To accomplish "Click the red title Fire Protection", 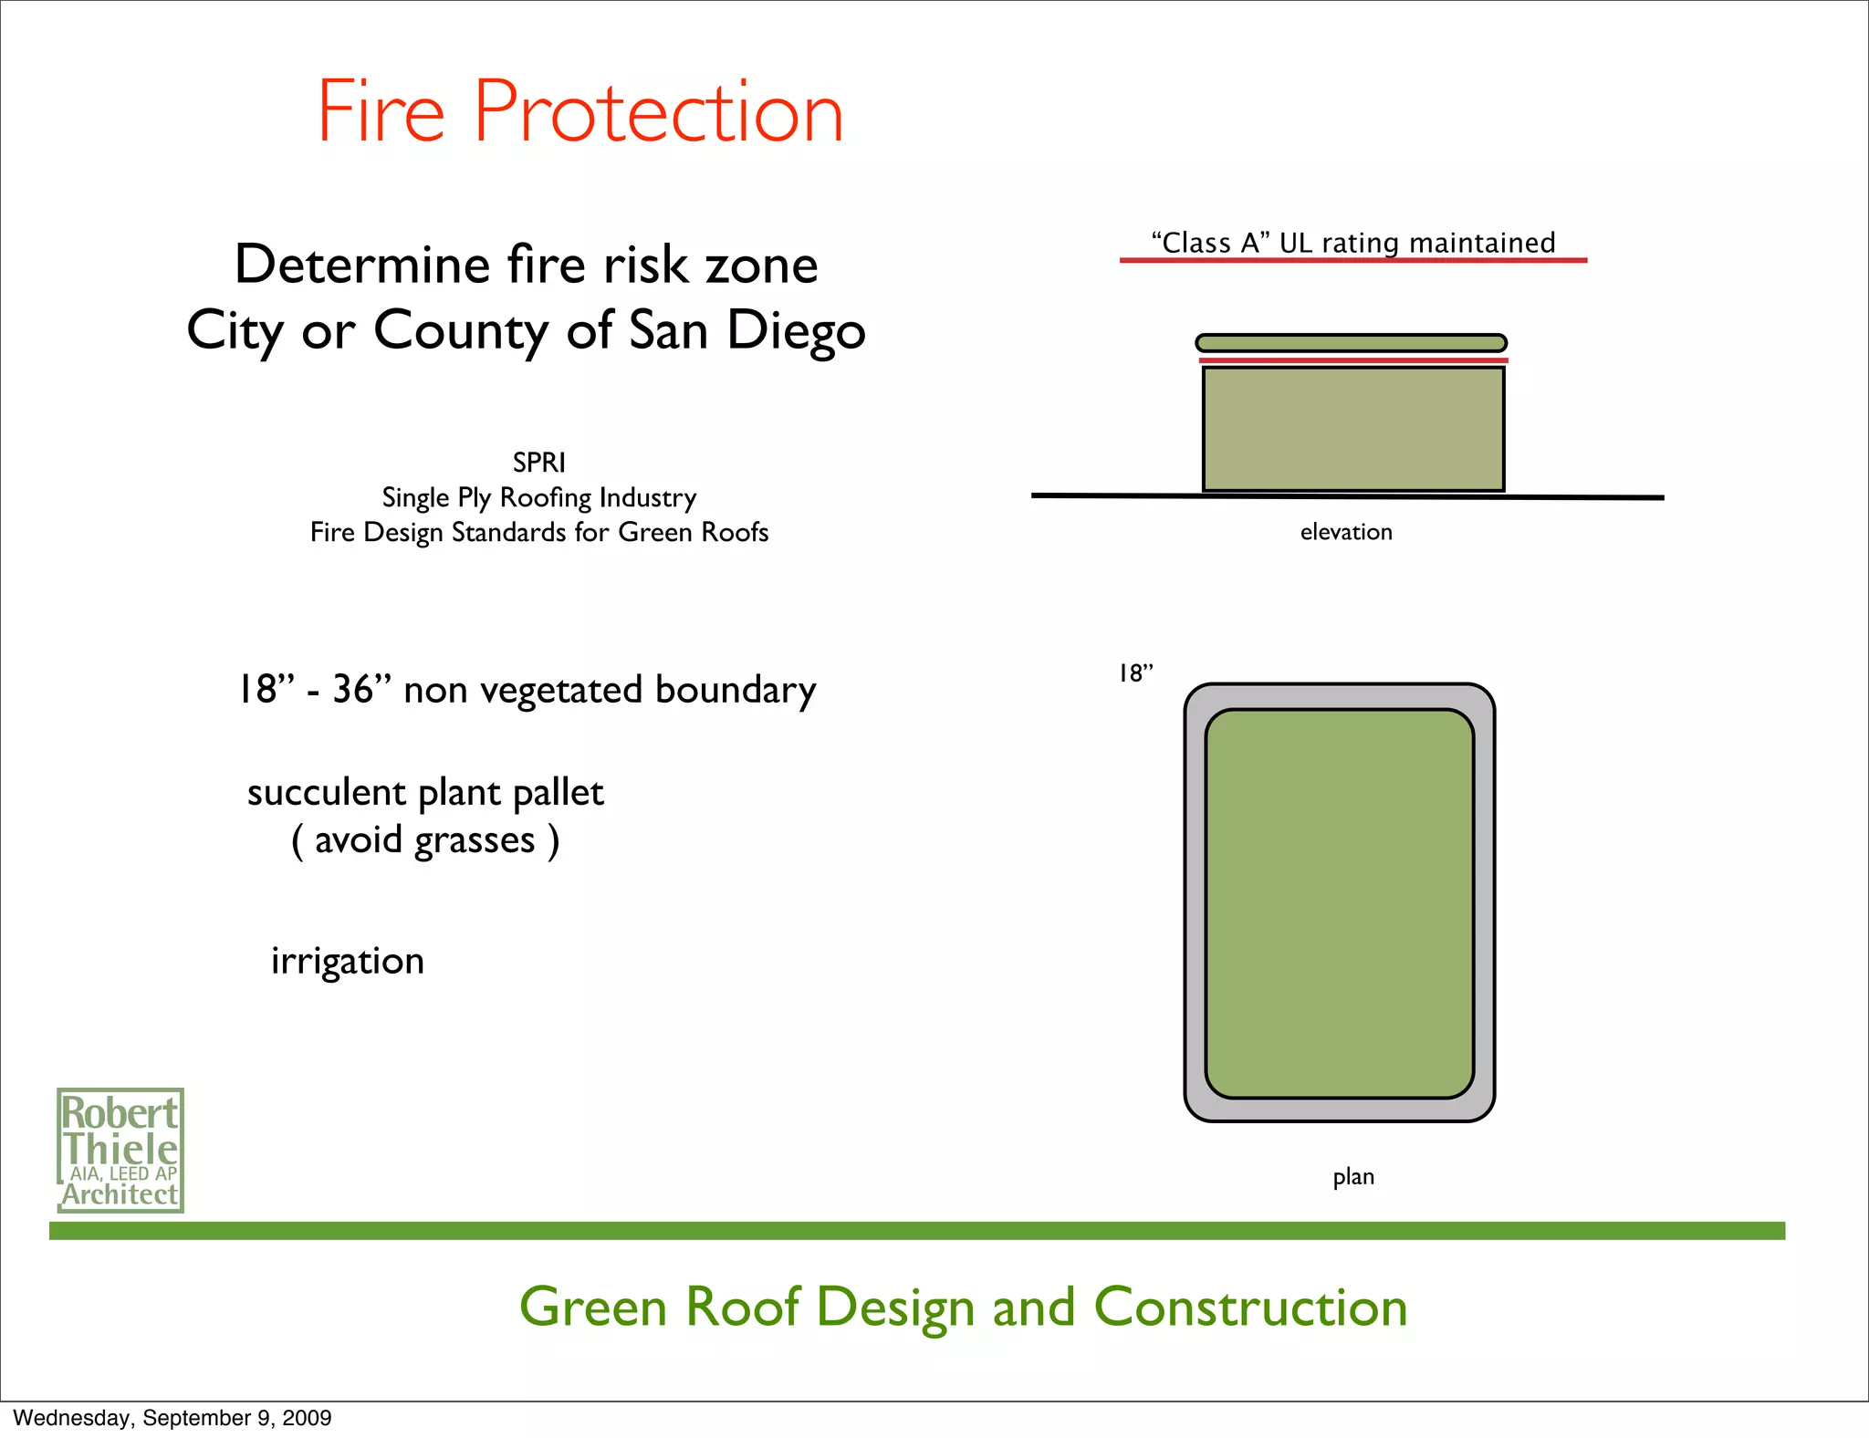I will click(579, 113).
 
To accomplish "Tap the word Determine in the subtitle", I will click(362, 266).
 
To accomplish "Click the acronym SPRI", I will click(538, 463).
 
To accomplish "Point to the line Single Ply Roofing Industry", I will click(538, 498).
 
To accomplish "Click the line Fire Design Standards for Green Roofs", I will click(538, 532).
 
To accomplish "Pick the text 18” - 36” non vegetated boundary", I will click(527, 690).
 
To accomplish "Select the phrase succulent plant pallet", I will click(425, 792).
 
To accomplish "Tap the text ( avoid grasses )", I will click(425, 840).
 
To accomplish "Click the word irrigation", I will click(348, 961).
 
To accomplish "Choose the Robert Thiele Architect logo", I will click(120, 1150).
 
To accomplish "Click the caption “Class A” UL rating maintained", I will click(1353, 243).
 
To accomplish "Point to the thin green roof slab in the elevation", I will click(1351, 343).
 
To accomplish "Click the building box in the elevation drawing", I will click(1352, 429).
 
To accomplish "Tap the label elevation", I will click(1346, 532).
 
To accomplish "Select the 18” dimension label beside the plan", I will click(1135, 673).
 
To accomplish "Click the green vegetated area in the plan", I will click(1339, 903).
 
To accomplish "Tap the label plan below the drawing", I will click(1352, 1177).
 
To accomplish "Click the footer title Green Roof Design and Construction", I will click(963, 1307).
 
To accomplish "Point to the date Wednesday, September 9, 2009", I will click(172, 1418).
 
